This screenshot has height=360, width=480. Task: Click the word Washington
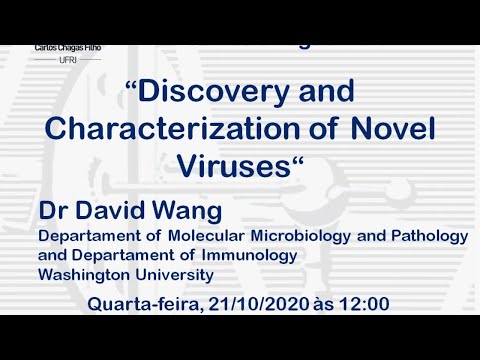tap(81, 274)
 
